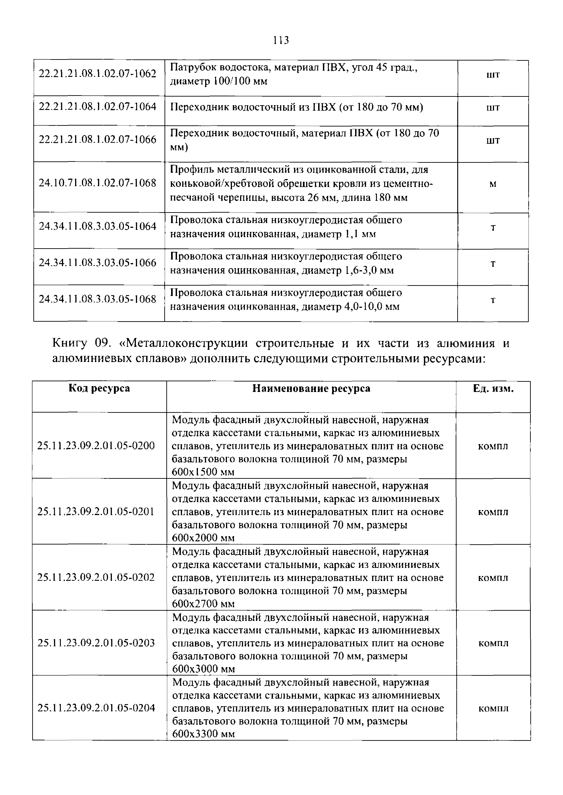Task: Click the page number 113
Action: coord(280,41)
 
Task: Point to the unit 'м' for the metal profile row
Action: coord(493,184)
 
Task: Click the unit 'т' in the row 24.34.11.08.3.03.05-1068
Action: coord(493,300)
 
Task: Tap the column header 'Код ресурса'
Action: coord(99,389)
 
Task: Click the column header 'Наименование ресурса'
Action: coord(311,389)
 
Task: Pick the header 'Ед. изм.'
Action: coord(493,389)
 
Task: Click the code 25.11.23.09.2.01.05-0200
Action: coord(96,446)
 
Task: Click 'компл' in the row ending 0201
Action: coord(493,512)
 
